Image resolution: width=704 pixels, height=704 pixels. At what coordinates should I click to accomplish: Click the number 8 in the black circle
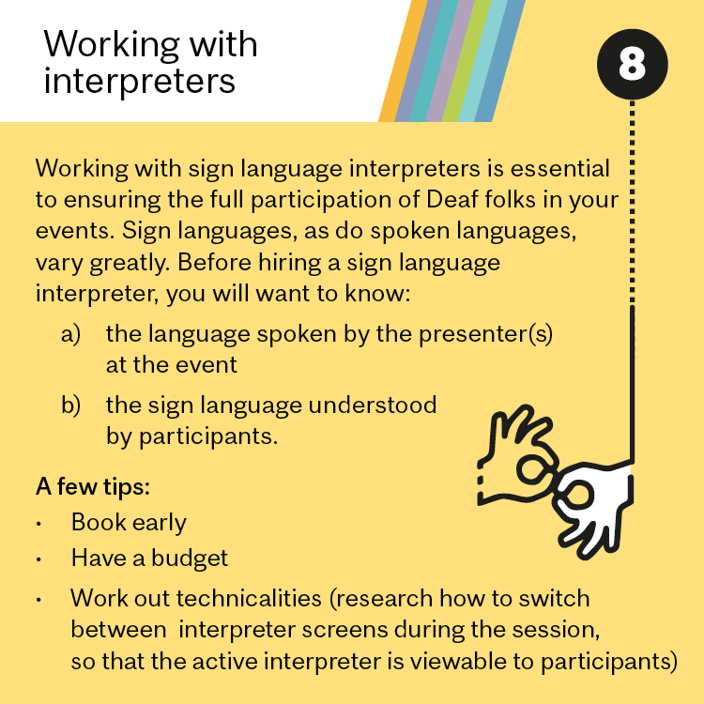point(632,63)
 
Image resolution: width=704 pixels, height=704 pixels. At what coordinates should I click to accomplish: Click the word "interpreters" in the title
point(139,83)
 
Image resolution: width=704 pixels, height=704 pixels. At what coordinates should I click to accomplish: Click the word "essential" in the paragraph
point(559,168)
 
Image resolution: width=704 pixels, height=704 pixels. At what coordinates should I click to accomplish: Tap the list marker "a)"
point(70,334)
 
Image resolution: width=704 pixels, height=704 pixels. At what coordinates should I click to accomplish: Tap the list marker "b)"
point(70,405)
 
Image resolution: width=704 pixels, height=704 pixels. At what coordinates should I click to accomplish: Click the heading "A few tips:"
point(93,486)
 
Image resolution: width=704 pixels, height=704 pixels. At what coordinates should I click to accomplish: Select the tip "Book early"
point(129,523)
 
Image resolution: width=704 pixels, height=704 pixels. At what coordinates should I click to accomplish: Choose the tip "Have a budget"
point(149,559)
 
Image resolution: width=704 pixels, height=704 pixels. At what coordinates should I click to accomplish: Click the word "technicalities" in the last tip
point(249,599)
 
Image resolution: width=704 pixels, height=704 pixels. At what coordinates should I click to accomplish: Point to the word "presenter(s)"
point(486,334)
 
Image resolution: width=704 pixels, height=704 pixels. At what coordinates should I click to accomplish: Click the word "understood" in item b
point(373,405)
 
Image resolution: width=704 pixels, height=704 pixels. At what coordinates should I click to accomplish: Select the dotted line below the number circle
point(632,202)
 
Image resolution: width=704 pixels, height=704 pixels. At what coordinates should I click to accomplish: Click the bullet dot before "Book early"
point(39,524)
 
